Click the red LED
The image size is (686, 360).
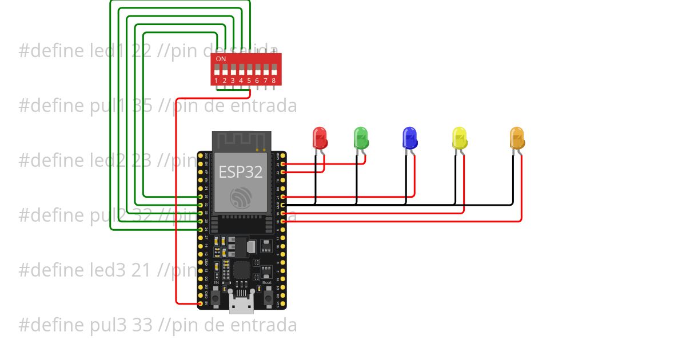tap(320, 138)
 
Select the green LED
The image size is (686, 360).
tap(361, 138)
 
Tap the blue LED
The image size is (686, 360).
tap(410, 138)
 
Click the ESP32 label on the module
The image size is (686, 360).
tap(241, 171)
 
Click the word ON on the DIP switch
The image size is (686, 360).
tap(221, 59)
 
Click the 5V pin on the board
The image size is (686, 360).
tap(200, 303)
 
